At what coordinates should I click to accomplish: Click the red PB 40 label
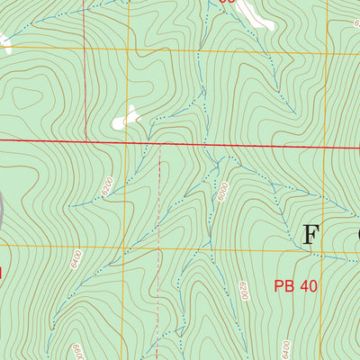click(296, 287)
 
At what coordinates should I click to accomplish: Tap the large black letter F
click(310, 235)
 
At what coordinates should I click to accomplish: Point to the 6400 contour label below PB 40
click(285, 346)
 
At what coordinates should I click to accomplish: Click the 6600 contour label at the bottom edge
click(77, 351)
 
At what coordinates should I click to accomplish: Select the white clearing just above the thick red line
click(126, 118)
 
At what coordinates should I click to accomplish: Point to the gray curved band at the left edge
click(3, 211)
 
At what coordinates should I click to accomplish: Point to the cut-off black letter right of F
click(356, 235)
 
